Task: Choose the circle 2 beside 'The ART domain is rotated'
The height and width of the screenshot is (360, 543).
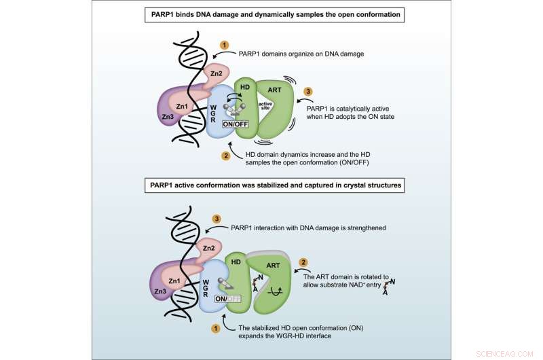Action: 305,260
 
